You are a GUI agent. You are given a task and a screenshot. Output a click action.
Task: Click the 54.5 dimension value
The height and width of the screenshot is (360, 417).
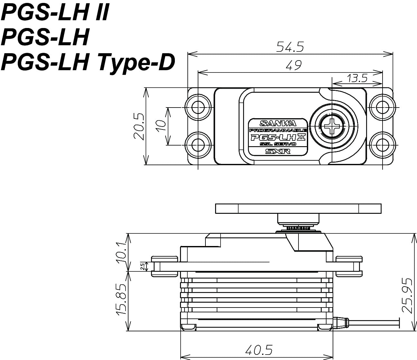[290, 47]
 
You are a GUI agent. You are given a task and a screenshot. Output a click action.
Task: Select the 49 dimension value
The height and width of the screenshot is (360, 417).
[294, 65]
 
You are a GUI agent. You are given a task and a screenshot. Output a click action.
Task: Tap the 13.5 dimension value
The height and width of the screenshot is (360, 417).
[357, 79]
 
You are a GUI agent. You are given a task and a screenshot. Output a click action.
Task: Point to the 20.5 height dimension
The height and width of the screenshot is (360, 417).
[139, 127]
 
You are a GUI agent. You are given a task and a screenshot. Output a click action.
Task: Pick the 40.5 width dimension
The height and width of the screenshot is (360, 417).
[259, 350]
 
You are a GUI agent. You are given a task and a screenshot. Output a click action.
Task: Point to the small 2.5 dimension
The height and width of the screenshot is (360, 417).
[142, 267]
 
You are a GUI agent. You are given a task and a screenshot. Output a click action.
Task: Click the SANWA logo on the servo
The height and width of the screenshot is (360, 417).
[278, 123]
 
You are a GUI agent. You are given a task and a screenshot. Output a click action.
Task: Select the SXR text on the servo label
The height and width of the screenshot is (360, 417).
[278, 151]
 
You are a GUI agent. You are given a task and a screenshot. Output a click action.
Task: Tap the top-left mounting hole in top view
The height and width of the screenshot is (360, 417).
[198, 108]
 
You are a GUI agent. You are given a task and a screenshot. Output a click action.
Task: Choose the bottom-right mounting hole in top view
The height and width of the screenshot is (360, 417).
[383, 145]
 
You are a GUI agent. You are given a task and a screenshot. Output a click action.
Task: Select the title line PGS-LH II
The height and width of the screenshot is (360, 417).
[55, 12]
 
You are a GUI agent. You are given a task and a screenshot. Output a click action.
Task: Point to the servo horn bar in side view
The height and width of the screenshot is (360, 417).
[299, 209]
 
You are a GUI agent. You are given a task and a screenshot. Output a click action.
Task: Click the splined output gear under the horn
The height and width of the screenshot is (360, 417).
[299, 228]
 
